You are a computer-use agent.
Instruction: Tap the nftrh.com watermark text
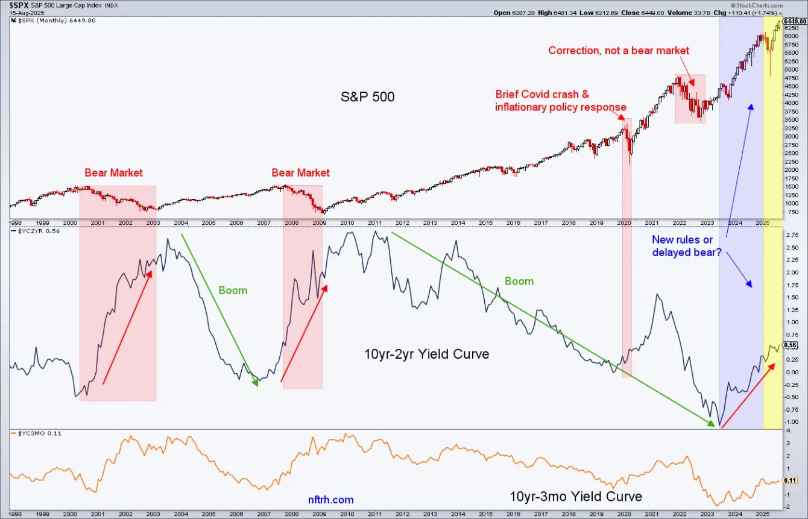tap(330, 500)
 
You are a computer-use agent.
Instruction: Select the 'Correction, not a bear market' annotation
tap(618, 51)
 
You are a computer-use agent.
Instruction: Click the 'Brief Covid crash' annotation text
tap(542, 95)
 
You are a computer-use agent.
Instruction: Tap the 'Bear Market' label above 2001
tap(113, 173)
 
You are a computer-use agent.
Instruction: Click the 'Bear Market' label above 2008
tap(300, 173)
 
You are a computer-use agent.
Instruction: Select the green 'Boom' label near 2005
tap(233, 291)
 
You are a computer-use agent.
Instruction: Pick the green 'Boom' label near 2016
tap(519, 282)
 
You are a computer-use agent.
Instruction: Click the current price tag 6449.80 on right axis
tap(795, 22)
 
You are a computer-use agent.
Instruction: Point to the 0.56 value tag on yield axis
tap(791, 345)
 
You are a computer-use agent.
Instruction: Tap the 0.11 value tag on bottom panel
tap(791, 480)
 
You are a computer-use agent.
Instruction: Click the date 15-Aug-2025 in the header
tap(21, 12)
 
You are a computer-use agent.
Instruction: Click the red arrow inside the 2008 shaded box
tap(304, 333)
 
